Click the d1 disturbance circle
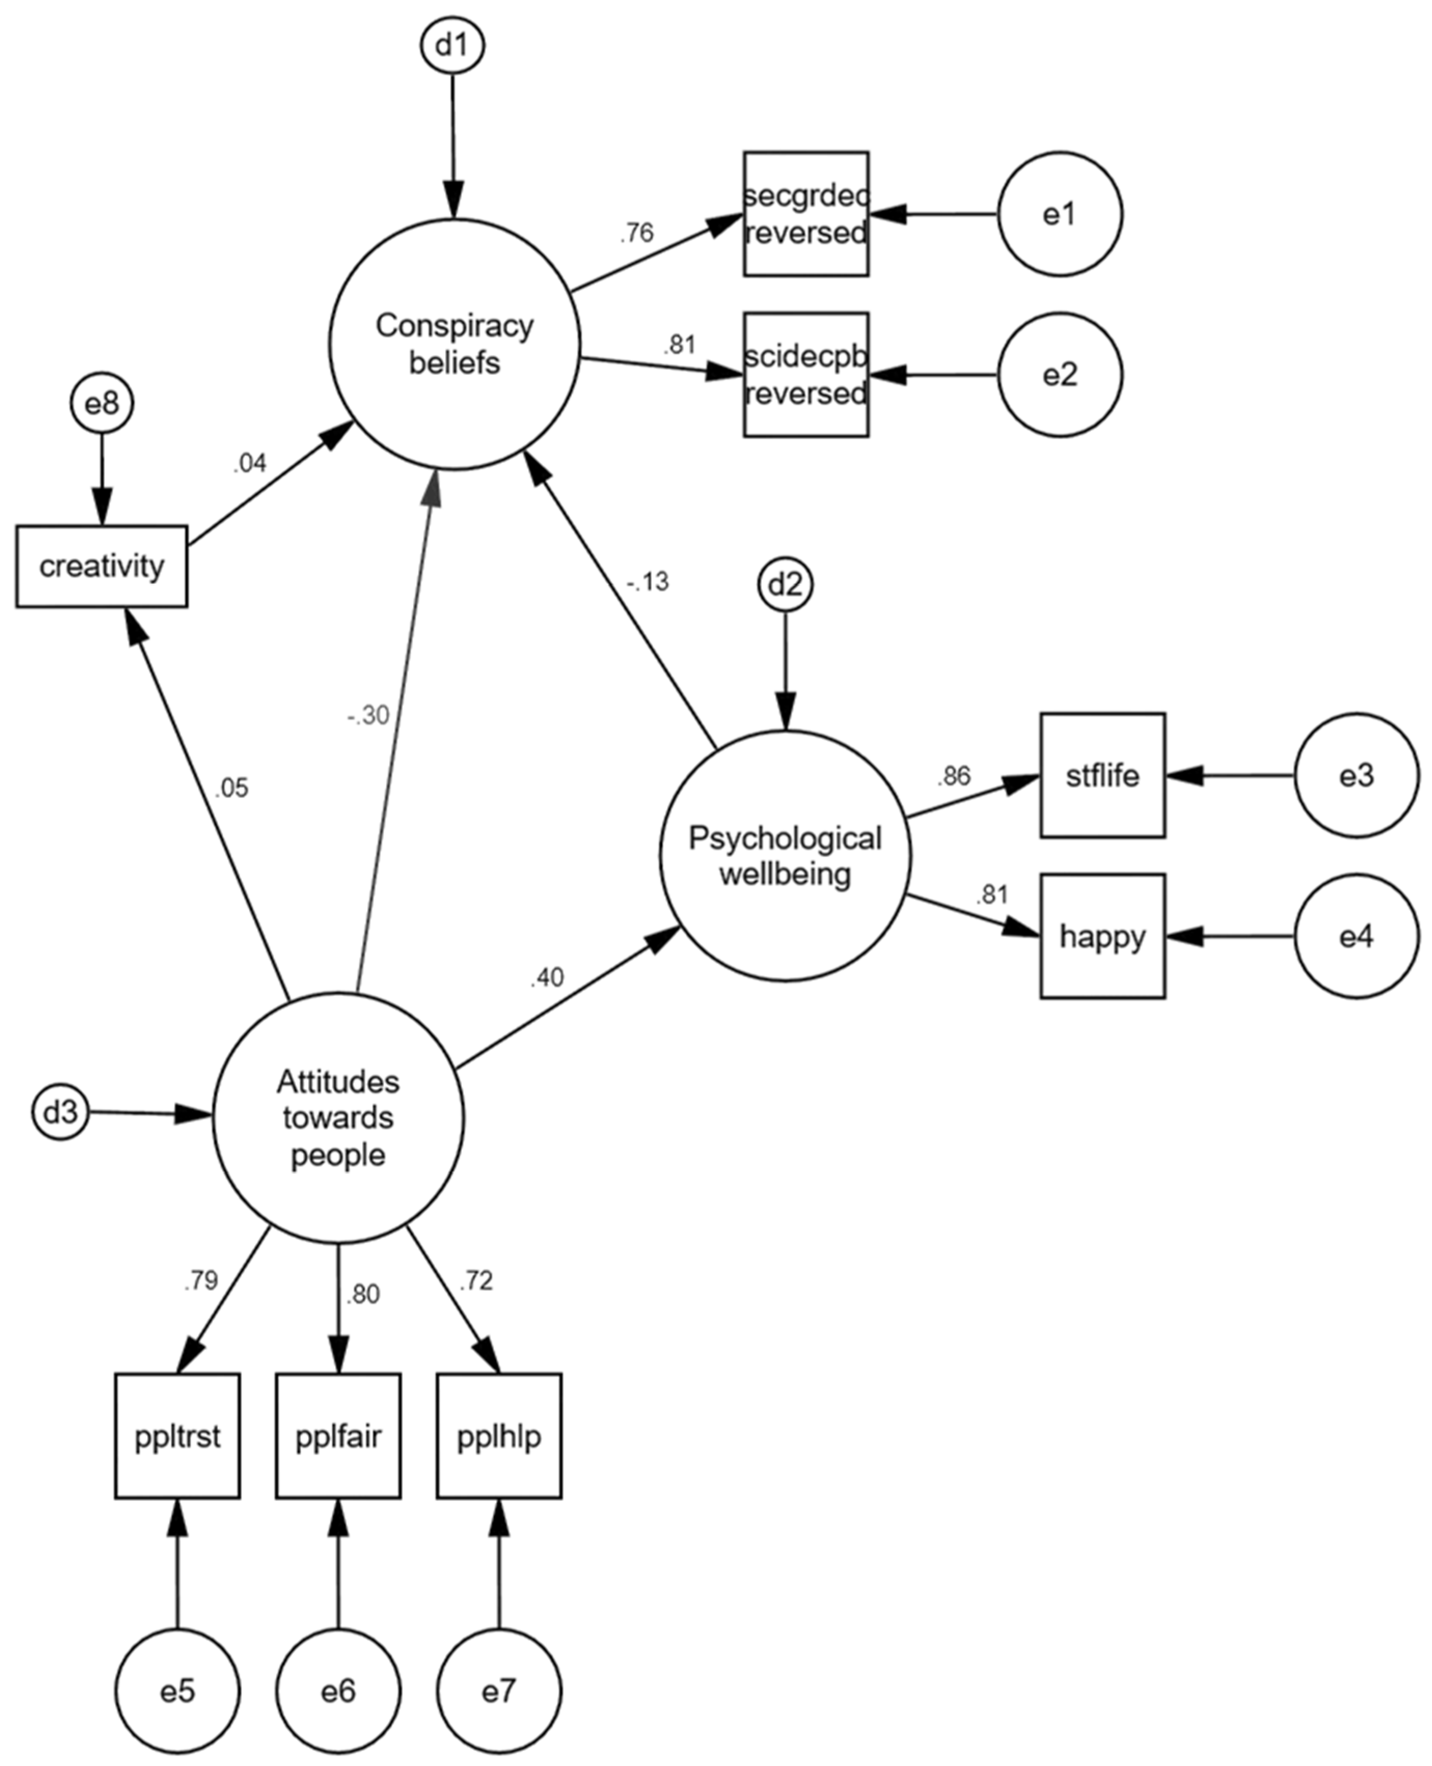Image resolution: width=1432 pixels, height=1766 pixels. [x=452, y=45]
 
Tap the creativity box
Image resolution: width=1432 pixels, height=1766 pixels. [x=102, y=567]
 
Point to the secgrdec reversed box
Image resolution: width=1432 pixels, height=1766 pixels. [x=806, y=214]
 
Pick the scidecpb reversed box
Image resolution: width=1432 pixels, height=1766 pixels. [x=806, y=375]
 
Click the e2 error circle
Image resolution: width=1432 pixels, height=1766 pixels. [x=1060, y=375]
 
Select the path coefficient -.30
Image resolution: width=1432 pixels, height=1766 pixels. [x=368, y=715]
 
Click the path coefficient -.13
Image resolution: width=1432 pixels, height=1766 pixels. [x=648, y=582]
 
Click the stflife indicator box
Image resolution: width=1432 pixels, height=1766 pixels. [x=1102, y=775]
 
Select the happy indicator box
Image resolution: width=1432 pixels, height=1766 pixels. [x=1102, y=936]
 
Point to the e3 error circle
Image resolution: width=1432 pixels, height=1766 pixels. [x=1356, y=775]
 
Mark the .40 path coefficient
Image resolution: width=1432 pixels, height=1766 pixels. [x=547, y=977]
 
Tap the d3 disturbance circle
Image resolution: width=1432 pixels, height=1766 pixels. [x=60, y=1113]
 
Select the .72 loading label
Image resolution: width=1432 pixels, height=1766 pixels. [x=476, y=1280]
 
